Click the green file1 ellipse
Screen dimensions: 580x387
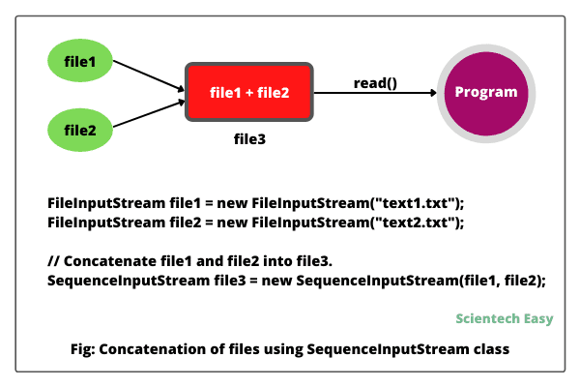(80, 60)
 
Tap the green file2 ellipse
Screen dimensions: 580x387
(80, 130)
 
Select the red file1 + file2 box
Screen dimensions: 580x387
(249, 92)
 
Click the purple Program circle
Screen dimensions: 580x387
(486, 93)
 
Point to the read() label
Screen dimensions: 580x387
(375, 83)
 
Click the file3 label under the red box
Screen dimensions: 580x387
(249, 139)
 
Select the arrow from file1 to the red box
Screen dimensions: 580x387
(149, 75)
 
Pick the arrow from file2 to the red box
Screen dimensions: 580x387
(149, 114)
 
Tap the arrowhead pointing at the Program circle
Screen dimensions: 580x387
(433, 93)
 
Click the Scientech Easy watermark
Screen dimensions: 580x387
(505, 318)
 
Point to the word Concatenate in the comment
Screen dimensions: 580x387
(110, 261)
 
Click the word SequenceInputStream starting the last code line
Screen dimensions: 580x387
(129, 281)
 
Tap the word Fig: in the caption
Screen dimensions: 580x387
(83, 349)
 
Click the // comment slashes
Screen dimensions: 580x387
(53, 261)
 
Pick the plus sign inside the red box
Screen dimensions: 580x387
(249, 93)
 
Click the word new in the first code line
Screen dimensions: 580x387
(232, 204)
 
